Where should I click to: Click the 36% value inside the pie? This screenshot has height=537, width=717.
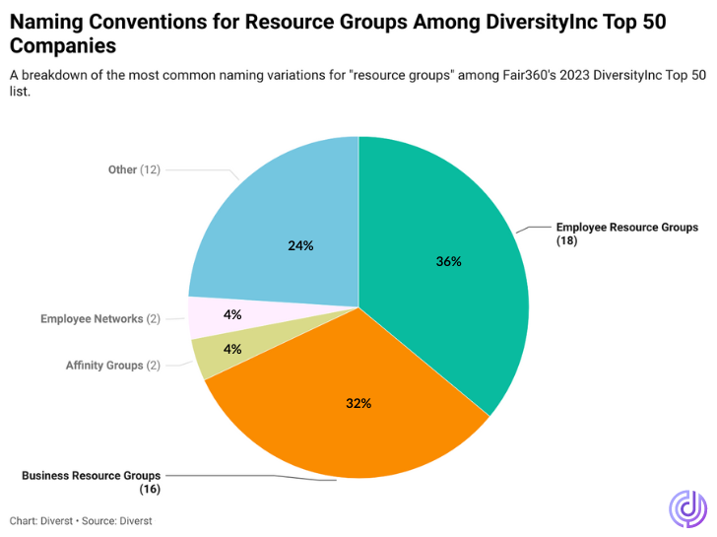(449, 262)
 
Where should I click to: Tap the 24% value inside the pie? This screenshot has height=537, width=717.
(300, 245)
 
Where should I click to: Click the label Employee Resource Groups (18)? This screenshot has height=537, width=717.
(626, 234)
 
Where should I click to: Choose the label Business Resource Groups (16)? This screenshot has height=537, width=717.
(92, 481)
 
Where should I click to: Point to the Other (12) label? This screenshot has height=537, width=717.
(134, 169)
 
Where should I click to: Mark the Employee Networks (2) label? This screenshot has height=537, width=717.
(100, 319)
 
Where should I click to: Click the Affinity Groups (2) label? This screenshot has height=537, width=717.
(112, 366)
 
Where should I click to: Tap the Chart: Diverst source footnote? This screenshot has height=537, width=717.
(81, 519)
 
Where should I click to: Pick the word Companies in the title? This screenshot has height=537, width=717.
(62, 45)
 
